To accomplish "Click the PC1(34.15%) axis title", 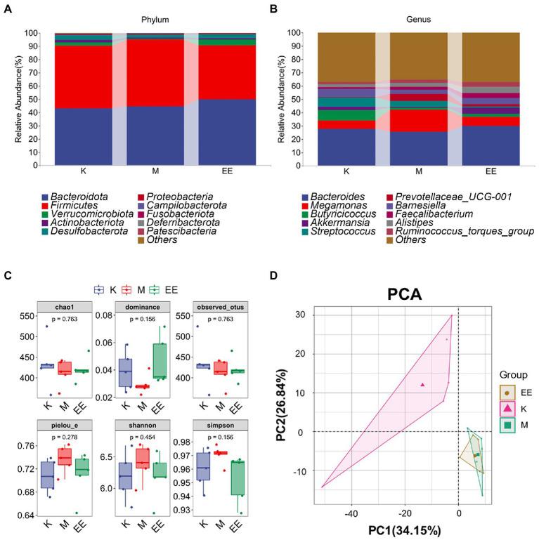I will point(401,529).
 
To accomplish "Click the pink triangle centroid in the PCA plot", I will point(422,385).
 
